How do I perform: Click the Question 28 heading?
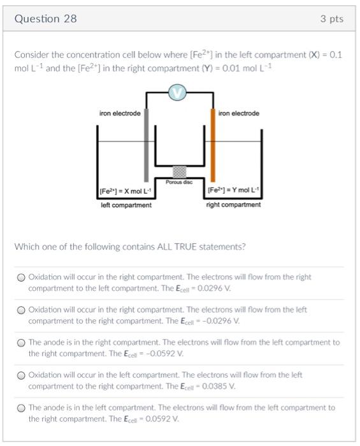coord(45,19)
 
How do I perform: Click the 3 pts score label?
coord(331,19)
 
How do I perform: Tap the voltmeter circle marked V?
coord(178,93)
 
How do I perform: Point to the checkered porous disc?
coord(180,171)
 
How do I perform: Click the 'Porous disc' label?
coord(180,182)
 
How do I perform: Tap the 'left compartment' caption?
coord(126,205)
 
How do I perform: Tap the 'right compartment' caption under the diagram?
coord(233,205)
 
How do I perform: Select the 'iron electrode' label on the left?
coord(120,113)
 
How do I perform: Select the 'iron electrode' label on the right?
coord(238,113)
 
